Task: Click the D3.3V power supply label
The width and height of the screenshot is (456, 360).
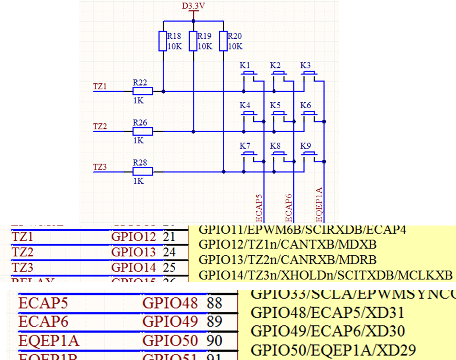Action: tap(194, 6)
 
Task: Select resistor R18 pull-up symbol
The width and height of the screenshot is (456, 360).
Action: tap(163, 41)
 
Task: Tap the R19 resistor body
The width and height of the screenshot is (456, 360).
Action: tap(193, 41)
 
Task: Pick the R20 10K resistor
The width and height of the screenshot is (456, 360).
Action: tap(224, 41)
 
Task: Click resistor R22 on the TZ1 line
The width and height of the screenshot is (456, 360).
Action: tap(143, 91)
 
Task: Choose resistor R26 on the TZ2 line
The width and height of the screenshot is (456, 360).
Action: tap(143, 131)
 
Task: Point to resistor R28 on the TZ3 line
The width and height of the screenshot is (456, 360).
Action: tap(143, 172)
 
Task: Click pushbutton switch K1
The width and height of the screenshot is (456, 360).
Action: tap(249, 73)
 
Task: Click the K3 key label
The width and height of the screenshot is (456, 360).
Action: tap(305, 65)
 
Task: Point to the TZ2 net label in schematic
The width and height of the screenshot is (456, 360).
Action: tap(100, 126)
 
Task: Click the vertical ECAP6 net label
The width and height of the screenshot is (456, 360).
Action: tap(288, 207)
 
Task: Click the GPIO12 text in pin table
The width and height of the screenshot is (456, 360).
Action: tap(133, 237)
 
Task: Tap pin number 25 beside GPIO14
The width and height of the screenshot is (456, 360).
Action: tap(169, 267)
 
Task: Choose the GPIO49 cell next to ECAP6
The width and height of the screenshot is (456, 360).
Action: tap(170, 321)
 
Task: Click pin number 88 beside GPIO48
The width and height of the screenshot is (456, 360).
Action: tap(215, 303)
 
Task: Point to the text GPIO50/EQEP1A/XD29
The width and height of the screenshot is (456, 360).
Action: tap(333, 350)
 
